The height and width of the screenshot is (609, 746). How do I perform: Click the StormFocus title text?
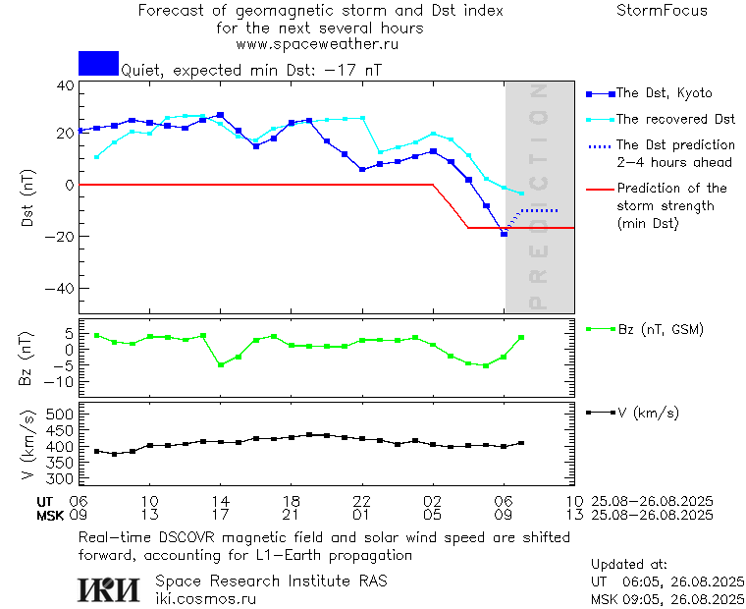coord(662,11)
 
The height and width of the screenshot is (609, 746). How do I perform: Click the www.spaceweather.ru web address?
coord(317,44)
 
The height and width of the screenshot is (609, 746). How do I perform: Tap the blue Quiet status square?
coord(98,63)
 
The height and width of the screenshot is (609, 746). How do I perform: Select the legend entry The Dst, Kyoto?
coord(664,93)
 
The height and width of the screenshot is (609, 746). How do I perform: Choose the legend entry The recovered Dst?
coord(675,119)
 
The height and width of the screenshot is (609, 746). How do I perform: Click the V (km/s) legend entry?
coord(646,413)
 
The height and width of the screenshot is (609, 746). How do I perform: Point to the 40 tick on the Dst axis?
coord(66,85)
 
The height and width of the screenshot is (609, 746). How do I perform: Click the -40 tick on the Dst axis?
coord(62,289)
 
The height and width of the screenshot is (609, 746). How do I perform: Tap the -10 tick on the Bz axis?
coord(62,381)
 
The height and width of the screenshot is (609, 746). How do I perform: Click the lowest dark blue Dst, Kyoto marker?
coord(505,234)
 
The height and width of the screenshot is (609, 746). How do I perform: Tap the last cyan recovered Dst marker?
coord(521,193)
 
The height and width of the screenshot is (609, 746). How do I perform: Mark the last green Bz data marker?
coord(521,338)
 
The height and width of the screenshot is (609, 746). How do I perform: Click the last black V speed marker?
coord(521,443)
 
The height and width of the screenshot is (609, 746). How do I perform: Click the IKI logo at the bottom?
coord(108,589)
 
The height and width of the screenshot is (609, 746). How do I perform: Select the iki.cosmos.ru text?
coord(206,598)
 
